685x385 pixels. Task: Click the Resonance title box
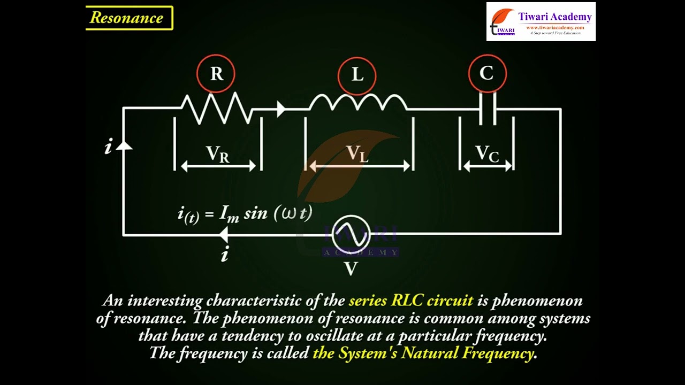click(129, 18)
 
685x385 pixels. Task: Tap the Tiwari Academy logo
click(541, 21)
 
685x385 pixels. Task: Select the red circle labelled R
click(216, 73)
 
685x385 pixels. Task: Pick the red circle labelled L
click(357, 74)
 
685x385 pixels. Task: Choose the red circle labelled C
click(487, 73)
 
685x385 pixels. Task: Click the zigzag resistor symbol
click(217, 108)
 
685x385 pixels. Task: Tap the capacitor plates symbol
click(487, 109)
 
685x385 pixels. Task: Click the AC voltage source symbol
click(351, 234)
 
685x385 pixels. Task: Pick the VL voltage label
click(357, 153)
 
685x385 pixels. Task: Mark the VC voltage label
click(487, 154)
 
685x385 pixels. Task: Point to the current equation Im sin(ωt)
click(245, 214)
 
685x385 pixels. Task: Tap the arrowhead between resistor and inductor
click(280, 109)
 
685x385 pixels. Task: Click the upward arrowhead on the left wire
click(124, 144)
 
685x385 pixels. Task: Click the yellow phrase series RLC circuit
click(410, 301)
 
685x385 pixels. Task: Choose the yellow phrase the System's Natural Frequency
click(423, 353)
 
